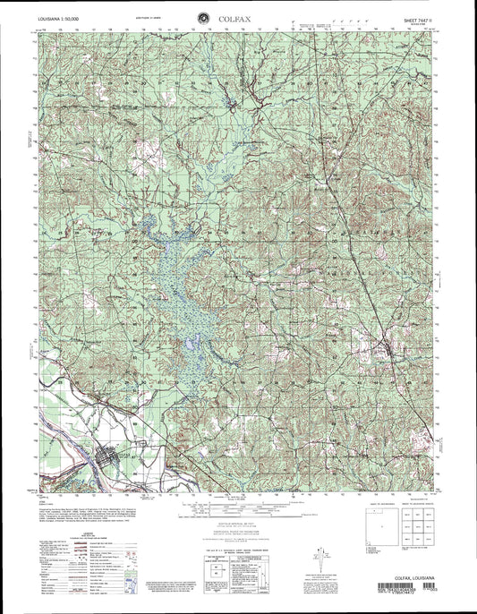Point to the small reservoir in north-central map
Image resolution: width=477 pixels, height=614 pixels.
click(234, 107)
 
